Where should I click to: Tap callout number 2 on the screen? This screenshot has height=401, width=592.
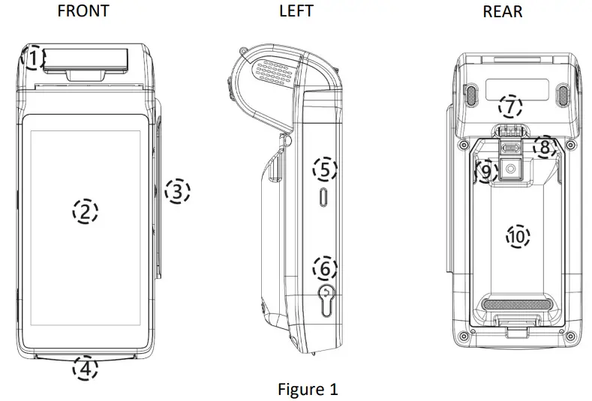(x=86, y=211)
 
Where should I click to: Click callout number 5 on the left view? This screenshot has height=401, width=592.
(x=324, y=169)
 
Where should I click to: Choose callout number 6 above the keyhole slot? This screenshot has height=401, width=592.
(x=324, y=267)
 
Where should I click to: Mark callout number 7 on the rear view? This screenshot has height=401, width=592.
(x=510, y=107)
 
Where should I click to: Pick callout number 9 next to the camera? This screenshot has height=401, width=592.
(x=485, y=172)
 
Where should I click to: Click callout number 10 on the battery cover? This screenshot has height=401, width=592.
(x=516, y=237)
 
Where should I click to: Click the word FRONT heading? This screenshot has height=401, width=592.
(x=83, y=11)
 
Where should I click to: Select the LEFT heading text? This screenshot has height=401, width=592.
(x=296, y=11)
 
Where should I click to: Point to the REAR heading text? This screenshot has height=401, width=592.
(x=503, y=11)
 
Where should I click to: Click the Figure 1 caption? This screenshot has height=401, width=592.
(x=308, y=389)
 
